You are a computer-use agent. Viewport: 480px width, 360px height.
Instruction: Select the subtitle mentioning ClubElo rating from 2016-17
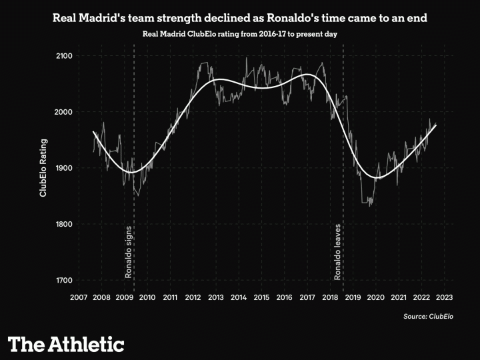pos(240,33)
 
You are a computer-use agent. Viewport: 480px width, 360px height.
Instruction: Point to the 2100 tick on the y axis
pos(64,55)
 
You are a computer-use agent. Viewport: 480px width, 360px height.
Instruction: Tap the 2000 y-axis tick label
pos(64,111)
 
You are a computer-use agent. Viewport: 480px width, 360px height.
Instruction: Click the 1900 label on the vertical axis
pos(64,168)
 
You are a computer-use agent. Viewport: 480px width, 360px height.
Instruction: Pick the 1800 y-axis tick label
pos(64,224)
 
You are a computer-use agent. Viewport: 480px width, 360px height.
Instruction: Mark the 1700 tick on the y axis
pos(64,280)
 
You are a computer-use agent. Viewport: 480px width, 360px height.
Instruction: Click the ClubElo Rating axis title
pos(43,168)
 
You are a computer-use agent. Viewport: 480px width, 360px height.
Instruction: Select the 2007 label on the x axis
pos(79,297)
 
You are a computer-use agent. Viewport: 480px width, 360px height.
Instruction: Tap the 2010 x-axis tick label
pos(147,297)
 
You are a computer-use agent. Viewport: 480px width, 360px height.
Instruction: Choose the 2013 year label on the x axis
pos(216,297)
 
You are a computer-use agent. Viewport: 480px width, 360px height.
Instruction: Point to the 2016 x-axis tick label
pos(285,297)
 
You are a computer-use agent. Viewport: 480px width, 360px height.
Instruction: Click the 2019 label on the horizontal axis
pos(353,297)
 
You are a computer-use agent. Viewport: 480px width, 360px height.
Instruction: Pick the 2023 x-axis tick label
pos(445,297)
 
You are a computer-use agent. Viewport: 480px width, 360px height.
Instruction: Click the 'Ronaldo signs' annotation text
pos(129,252)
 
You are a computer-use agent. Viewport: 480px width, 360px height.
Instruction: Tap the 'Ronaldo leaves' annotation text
pos(338,251)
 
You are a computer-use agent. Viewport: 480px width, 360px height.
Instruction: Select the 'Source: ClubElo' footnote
pos(428,316)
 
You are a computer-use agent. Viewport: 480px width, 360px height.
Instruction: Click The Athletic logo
pos(66,344)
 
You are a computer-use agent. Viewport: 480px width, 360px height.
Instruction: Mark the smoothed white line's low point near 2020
pos(378,178)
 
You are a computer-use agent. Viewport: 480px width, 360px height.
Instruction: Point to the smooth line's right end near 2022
pos(436,125)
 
